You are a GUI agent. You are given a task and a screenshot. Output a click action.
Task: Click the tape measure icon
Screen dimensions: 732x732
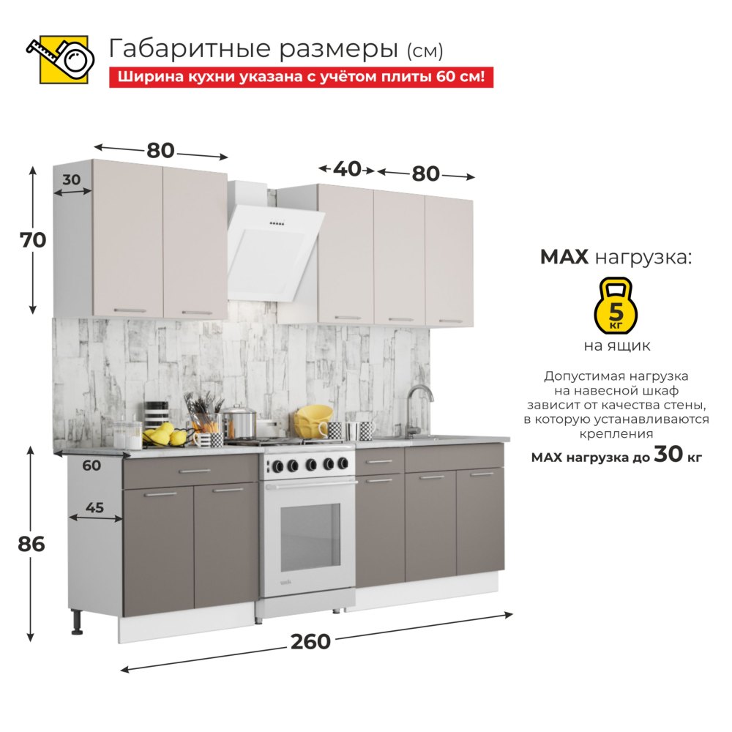(x=61, y=59)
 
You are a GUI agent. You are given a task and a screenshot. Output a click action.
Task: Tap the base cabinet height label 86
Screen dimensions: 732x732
(x=31, y=545)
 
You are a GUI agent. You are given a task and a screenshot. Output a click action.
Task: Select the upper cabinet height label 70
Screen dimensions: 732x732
(x=33, y=240)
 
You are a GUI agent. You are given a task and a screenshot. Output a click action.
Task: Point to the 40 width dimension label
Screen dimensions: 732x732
(x=347, y=170)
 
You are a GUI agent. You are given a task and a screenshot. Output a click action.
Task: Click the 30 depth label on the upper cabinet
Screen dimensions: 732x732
(x=72, y=180)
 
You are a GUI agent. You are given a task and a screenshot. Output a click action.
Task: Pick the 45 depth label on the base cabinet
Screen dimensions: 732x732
(x=94, y=507)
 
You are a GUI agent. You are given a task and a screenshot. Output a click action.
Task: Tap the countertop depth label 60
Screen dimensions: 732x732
(x=91, y=466)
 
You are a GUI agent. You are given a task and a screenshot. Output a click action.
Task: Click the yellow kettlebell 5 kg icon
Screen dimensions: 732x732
(x=616, y=306)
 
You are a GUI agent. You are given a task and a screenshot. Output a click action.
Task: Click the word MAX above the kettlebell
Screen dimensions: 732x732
(x=564, y=257)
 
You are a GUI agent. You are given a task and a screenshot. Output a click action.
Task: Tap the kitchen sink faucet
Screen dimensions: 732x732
(x=417, y=410)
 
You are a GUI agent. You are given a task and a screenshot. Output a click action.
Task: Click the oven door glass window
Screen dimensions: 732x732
(x=310, y=537)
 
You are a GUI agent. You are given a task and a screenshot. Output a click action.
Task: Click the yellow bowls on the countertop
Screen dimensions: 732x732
(x=313, y=421)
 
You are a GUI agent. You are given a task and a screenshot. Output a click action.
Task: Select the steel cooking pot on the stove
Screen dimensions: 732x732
(x=239, y=422)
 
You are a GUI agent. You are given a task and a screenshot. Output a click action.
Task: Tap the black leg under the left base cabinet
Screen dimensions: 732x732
(x=77, y=622)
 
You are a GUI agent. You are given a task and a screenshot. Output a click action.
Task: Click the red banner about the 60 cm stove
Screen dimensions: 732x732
(x=301, y=77)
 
